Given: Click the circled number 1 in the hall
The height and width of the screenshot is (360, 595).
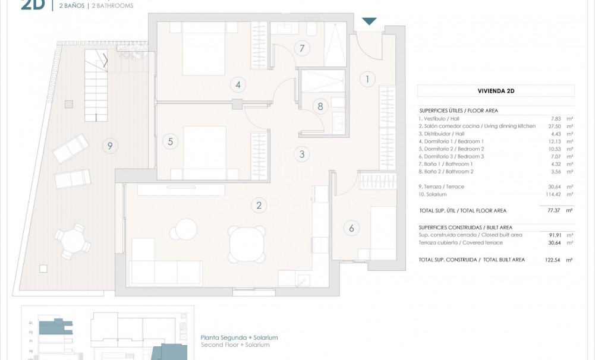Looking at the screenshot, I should point(367,78).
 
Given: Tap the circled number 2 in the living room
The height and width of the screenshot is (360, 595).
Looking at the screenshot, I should point(259,206).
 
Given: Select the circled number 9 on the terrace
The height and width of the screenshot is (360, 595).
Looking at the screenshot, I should point(108,144).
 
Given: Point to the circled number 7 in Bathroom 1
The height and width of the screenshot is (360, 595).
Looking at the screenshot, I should point(302,48).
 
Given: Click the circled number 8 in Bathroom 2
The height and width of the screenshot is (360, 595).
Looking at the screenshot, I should point(320,107).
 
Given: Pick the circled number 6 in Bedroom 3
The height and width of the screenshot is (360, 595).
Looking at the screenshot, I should point(351,228).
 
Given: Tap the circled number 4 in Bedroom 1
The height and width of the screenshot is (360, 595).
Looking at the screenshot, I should point(238,85).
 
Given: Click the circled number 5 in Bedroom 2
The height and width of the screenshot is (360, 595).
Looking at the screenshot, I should point(170,141).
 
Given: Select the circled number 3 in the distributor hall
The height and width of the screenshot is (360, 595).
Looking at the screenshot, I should point(302,154).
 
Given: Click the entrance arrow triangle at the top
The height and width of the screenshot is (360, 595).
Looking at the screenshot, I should point(369,21).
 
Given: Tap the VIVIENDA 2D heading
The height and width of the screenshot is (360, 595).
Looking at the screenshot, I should point(496,91).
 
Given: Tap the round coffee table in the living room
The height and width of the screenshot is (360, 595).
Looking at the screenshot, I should point(185,229).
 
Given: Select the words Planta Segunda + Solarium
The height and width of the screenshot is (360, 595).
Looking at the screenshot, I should point(240,337).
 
